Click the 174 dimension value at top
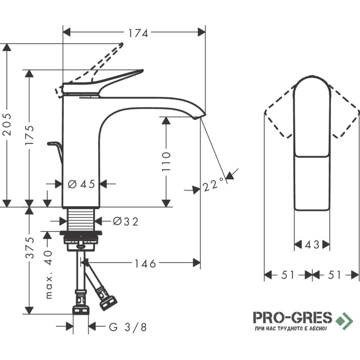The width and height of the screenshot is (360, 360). click(x=138, y=33)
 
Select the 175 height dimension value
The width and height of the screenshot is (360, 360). click(x=30, y=135)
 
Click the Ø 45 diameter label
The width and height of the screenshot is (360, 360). click(x=81, y=184)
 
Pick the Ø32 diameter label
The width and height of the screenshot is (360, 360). click(x=126, y=221)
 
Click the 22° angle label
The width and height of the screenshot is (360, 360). click(x=213, y=184)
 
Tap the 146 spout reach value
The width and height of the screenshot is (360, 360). click(x=145, y=264)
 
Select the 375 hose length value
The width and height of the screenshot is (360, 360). click(x=30, y=247)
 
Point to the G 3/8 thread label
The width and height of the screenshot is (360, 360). click(x=128, y=327)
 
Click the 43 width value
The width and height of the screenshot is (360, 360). click(x=312, y=245)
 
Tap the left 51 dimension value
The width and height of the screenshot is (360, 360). click(x=288, y=274)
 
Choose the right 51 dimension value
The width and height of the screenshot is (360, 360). click(x=334, y=274)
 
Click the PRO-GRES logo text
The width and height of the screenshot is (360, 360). click(x=292, y=318)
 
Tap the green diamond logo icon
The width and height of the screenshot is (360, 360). click(x=344, y=321)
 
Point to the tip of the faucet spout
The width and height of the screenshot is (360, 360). click(x=205, y=114)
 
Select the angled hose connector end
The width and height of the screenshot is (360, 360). click(x=108, y=302)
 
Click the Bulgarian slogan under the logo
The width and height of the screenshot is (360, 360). click(x=291, y=328)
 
